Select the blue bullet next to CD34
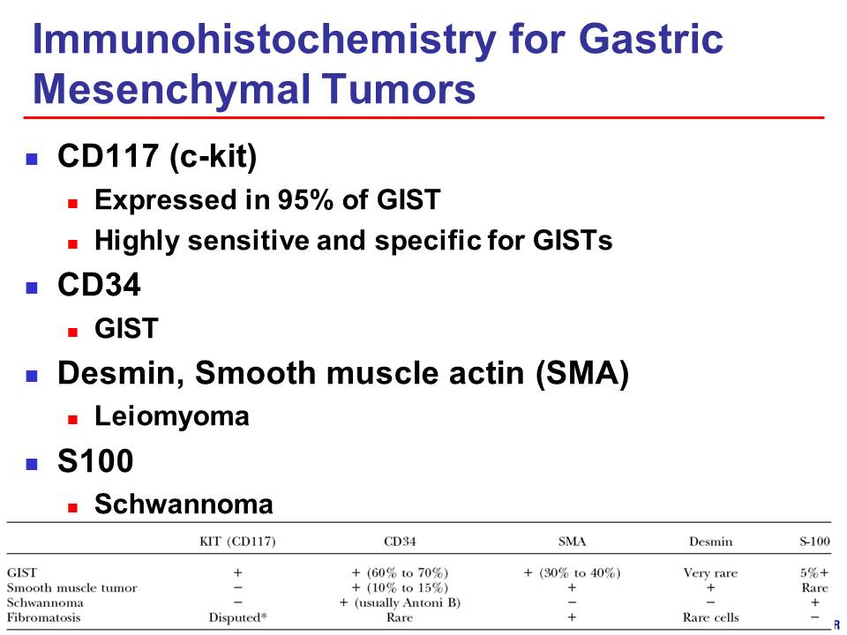click(x=32, y=288)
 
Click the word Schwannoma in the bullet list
click(x=184, y=504)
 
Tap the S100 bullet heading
click(x=95, y=461)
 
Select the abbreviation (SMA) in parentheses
click(x=581, y=373)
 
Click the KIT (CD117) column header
click(x=237, y=541)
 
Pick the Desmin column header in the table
click(x=710, y=541)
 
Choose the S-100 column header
click(x=814, y=541)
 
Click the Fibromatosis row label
click(x=43, y=617)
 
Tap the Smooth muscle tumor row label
click(x=71, y=587)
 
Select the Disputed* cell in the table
click(x=237, y=617)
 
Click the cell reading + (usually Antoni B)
click(x=400, y=602)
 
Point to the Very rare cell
click(x=710, y=573)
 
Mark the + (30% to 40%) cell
click(x=572, y=572)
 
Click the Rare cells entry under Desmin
click(x=710, y=617)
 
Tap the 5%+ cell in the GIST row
click(x=814, y=572)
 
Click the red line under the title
click(x=423, y=117)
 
